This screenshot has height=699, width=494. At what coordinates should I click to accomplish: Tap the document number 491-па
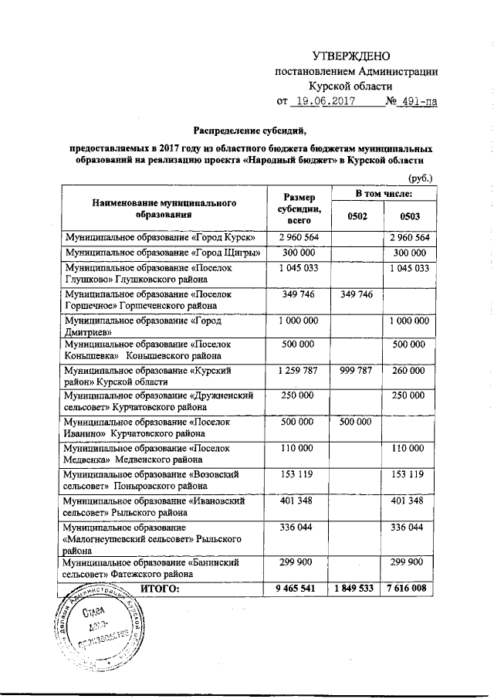[415, 101]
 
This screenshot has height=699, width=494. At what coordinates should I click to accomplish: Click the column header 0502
[357, 216]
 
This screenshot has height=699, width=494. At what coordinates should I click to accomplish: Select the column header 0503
[408, 216]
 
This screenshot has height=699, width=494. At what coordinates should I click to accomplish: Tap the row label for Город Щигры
[163, 252]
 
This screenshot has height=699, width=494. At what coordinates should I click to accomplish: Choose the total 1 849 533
[356, 589]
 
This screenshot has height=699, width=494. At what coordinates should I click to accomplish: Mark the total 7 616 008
[408, 589]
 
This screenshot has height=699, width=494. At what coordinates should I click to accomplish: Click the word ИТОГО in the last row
[159, 589]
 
